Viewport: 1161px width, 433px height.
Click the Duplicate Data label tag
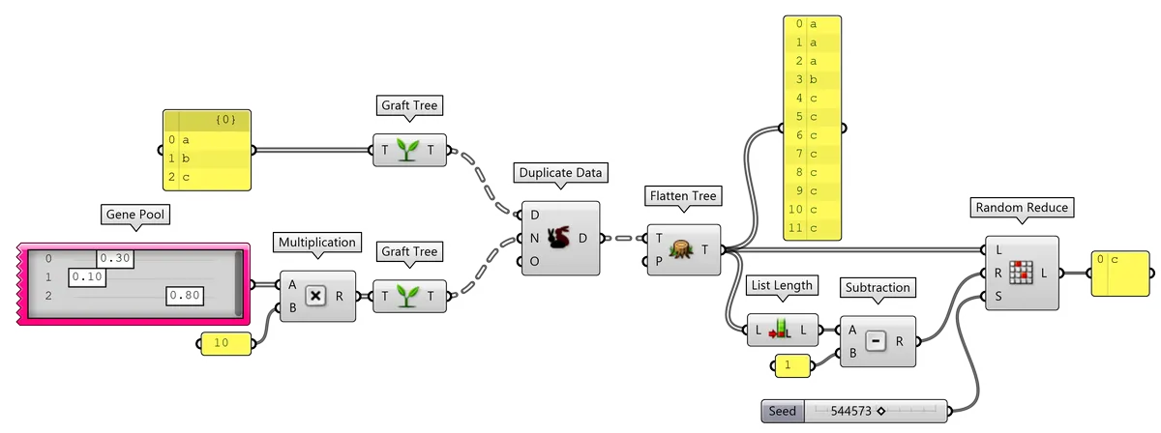pos(560,174)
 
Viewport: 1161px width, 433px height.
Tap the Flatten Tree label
pos(682,196)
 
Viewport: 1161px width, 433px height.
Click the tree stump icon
pos(684,249)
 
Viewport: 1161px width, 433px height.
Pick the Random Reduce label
pos(1021,208)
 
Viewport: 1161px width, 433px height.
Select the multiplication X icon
pos(316,297)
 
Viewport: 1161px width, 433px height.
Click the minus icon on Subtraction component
pos(877,342)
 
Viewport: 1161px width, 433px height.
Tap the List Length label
pos(782,285)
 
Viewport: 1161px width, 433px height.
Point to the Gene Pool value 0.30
pos(114,258)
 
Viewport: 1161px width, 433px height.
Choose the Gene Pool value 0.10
pos(87,277)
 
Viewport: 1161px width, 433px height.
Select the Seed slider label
pos(782,412)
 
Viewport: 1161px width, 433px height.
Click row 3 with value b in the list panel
pos(813,79)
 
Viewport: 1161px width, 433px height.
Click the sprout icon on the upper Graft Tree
pos(409,151)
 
